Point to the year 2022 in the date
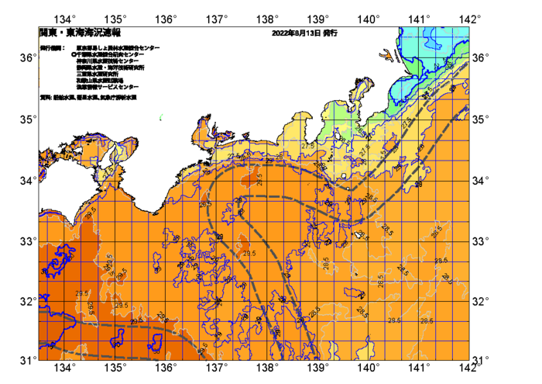pyautogui.click(x=281, y=34)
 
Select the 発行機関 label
pyautogui.click(x=51, y=48)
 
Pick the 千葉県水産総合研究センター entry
pyautogui.click(x=112, y=54)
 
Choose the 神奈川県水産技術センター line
pyautogui.click(x=108, y=61)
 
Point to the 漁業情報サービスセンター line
pyautogui.click(x=107, y=87)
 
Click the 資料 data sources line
pyautogui.click(x=87, y=99)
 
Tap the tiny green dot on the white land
pyautogui.click(x=161, y=118)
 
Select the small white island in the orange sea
pyautogui.click(x=358, y=234)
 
